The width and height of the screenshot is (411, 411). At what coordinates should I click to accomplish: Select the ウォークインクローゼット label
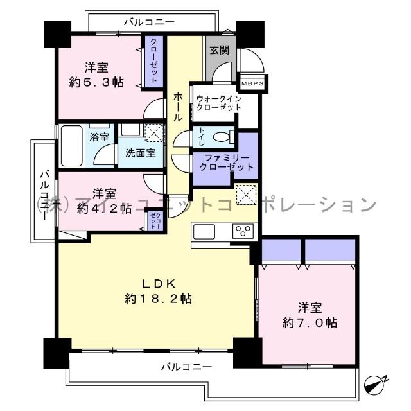click(x=218, y=103)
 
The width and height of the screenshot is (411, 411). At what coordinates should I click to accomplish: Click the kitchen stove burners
click(x=244, y=232)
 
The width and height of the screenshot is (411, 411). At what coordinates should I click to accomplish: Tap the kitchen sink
click(x=205, y=231)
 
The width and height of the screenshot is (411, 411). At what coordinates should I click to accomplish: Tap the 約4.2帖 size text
click(x=96, y=208)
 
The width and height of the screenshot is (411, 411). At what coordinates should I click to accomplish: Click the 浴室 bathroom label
click(x=99, y=137)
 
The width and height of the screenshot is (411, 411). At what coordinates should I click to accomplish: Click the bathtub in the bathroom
click(x=71, y=146)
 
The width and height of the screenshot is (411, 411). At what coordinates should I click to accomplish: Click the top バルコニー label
click(x=149, y=22)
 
